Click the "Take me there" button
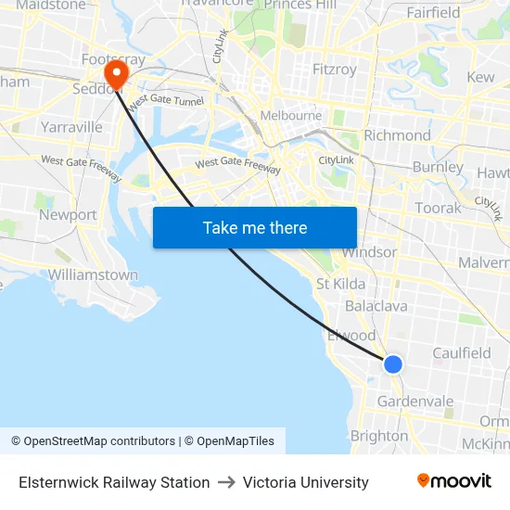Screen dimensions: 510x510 [x=255, y=227]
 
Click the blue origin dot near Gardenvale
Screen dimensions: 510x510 [x=393, y=364]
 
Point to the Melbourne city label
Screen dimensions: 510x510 [x=290, y=116]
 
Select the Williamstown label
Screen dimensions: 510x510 [x=93, y=274]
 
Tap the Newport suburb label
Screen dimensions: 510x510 [x=68, y=214]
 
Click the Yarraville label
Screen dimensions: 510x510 [x=71, y=126]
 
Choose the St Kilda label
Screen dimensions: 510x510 [x=340, y=284]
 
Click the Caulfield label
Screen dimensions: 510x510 [x=462, y=352]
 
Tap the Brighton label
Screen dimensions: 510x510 [x=378, y=435]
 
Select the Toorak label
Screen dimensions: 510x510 [x=438, y=208]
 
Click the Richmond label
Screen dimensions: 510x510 [x=397, y=135]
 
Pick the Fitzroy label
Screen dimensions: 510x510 [x=335, y=70]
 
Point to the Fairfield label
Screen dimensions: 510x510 [x=432, y=13]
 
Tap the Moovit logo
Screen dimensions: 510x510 [x=453, y=481]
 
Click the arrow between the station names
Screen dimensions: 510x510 [x=226, y=482]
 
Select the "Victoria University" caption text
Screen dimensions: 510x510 [x=306, y=482]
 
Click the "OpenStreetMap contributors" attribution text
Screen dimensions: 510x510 [x=99, y=441]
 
